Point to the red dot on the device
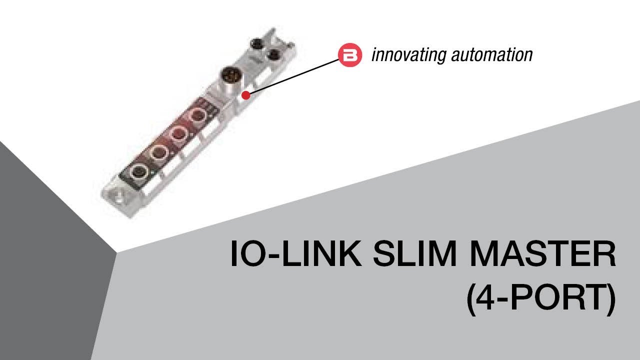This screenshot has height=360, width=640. [245, 95]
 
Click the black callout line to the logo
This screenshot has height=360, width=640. [295, 75]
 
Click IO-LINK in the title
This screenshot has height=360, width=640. [295, 254]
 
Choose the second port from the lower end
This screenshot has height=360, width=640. [158, 152]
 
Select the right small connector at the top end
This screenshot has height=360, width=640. [272, 53]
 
